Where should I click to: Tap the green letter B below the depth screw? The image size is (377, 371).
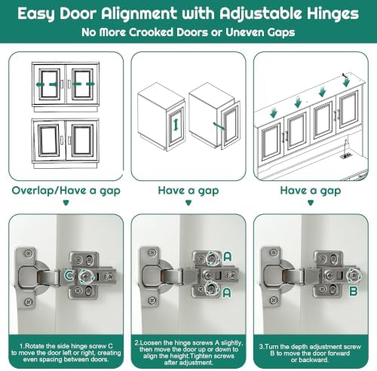(354, 291)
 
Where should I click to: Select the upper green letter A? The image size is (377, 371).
(228, 256)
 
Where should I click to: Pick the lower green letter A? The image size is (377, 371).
(227, 293)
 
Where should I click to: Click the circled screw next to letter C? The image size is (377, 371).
(87, 277)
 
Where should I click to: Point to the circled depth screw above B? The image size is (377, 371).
(354, 275)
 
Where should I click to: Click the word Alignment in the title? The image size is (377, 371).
(139, 14)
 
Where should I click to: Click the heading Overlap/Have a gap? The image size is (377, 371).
(66, 191)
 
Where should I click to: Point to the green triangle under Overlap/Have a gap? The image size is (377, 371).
(66, 203)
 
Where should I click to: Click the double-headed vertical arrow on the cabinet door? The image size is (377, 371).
(176, 125)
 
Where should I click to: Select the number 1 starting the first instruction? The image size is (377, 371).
(21, 346)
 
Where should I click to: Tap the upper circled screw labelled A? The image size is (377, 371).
(213, 258)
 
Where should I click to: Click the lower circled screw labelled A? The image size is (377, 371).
(212, 289)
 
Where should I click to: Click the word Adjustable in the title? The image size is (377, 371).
(261, 14)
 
